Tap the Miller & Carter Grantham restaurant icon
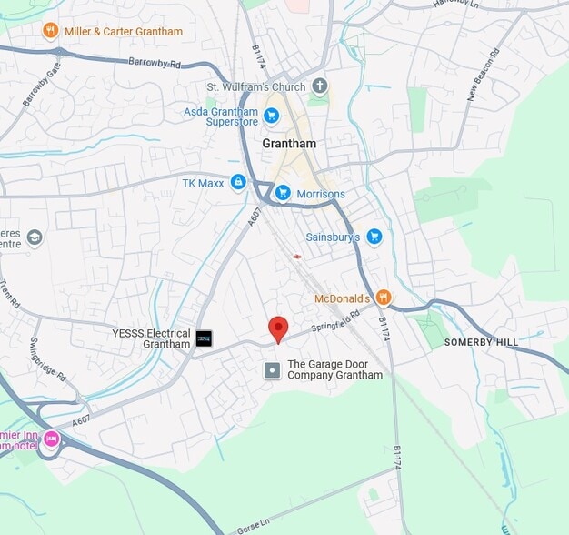tap(51, 31)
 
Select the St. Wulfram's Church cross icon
tap(319, 86)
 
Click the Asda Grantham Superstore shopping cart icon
tap(271, 116)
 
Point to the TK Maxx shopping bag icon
tap(238, 183)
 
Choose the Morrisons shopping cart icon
tap(283, 193)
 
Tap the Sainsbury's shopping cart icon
tap(374, 237)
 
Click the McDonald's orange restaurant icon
tap(384, 298)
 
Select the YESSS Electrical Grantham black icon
tap(205, 338)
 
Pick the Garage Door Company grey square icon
tap(272, 369)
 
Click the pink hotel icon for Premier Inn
tap(52, 439)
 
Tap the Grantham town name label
tap(289, 144)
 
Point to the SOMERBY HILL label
tap(481, 342)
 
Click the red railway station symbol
tap(296, 256)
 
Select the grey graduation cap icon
tap(35, 237)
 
